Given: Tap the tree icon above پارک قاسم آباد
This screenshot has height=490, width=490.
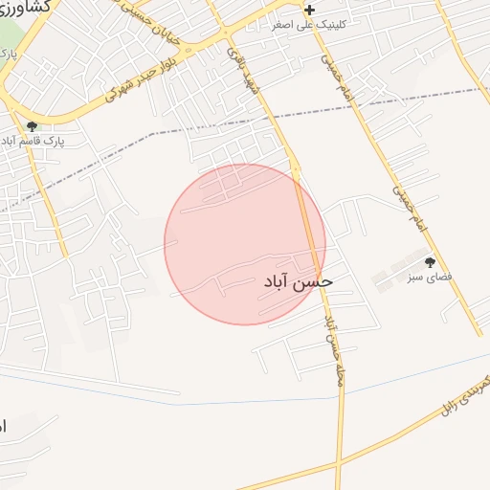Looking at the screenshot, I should click(x=33, y=126).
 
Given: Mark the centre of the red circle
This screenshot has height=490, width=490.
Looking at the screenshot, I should click(x=245, y=244).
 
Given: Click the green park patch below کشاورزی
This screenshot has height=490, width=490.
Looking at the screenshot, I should click(x=8, y=38).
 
